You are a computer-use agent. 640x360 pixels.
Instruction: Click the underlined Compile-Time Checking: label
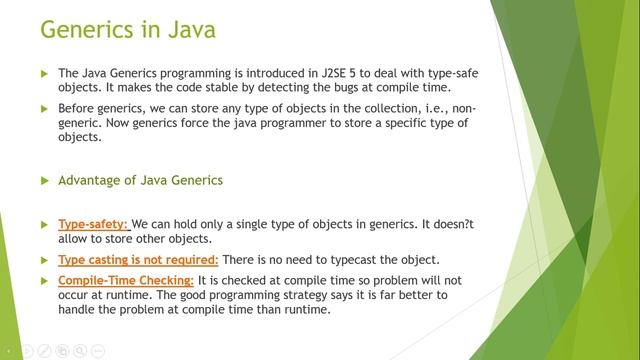click(x=126, y=279)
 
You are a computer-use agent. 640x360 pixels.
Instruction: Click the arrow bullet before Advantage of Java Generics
click(x=44, y=181)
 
